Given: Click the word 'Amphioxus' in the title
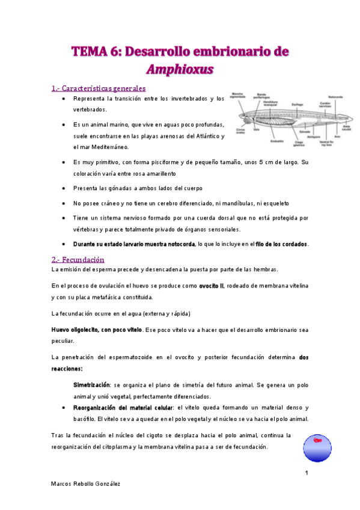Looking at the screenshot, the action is [x=180, y=69].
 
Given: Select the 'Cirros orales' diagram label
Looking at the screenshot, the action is [x=240, y=132].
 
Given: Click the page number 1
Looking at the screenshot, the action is [x=306, y=473].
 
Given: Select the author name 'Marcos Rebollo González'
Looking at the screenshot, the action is [x=85, y=485].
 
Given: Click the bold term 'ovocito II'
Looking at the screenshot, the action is [x=212, y=285].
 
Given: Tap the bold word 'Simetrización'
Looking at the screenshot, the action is [x=91, y=384].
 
